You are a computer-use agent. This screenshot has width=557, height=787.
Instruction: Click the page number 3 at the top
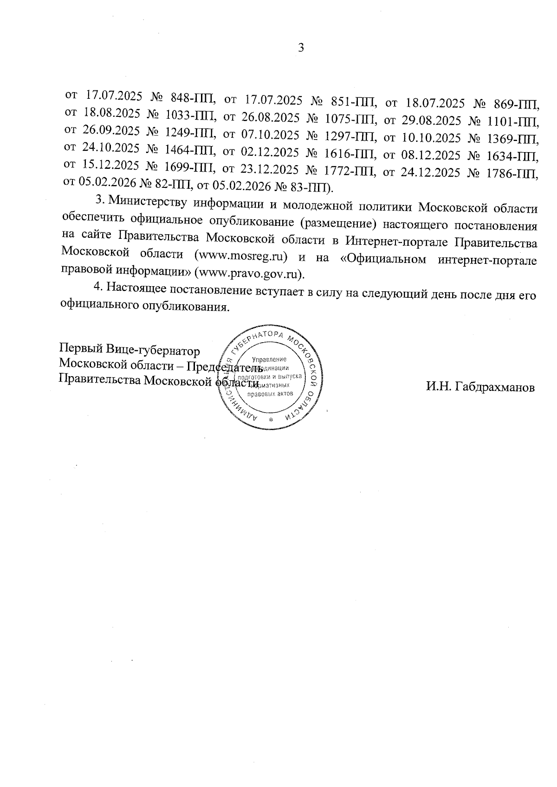301,48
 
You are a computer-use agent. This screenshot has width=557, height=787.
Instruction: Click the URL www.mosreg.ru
241,256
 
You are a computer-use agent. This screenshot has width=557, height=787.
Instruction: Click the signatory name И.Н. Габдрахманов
480,387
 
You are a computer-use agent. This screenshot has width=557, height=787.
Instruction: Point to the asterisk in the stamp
271,420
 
